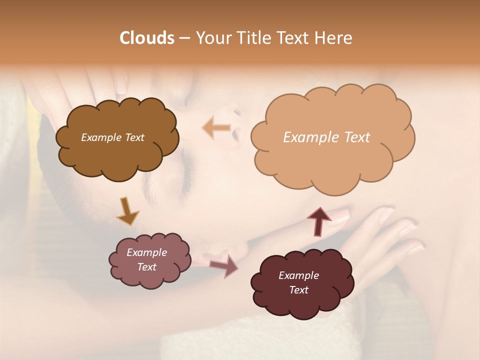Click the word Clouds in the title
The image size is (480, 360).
[146, 38]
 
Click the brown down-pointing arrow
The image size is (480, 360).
[127, 211]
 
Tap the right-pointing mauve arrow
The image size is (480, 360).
[224, 266]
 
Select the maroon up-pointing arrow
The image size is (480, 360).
[319, 221]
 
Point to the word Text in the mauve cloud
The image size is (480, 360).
[147, 267]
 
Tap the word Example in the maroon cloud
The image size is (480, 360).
[299, 275]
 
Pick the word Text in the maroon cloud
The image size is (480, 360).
[299, 290]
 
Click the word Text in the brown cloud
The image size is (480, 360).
[133, 137]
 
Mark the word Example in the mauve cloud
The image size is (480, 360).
[147, 252]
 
